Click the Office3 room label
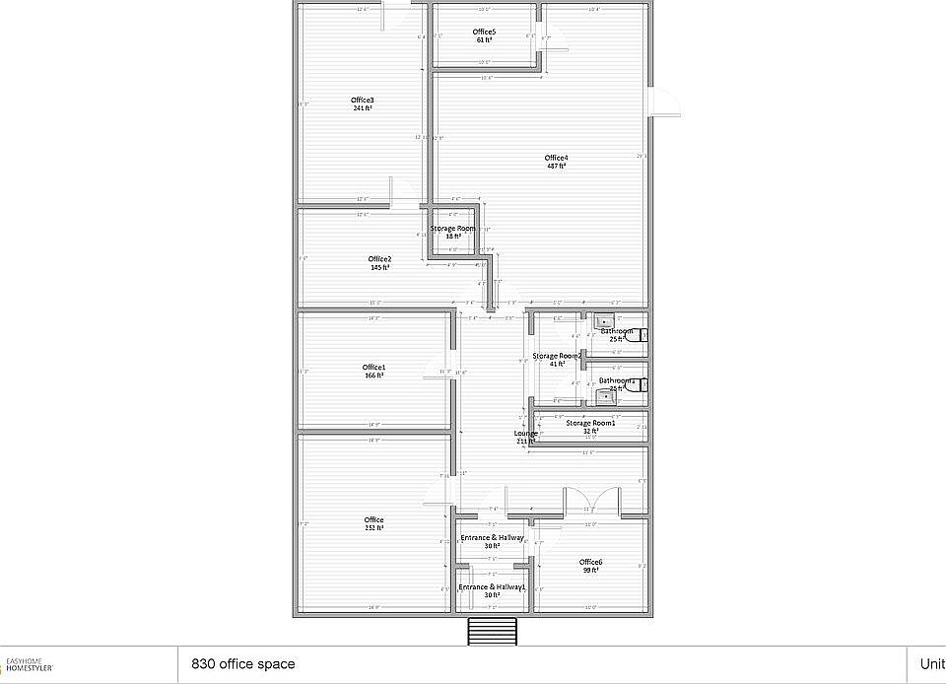tap(362, 100)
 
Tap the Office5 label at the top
tap(484, 33)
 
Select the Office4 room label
tap(556, 158)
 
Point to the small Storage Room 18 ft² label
tap(452, 229)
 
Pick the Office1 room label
tap(373, 368)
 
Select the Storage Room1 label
tap(590, 423)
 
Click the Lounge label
tap(526, 434)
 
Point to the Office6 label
tap(590, 562)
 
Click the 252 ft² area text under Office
tap(373, 528)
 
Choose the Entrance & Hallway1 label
tap(491, 587)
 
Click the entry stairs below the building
tap(492, 631)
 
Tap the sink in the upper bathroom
tap(604, 320)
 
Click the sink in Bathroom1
tap(604, 396)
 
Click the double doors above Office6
tap(591, 500)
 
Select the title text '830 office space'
tap(242, 664)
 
